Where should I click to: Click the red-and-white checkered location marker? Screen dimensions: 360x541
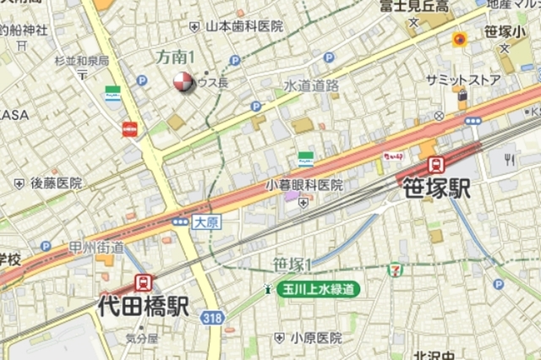tap(183, 81)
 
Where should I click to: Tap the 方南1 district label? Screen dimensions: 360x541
tap(176, 57)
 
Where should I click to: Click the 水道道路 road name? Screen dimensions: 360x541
tap(311, 85)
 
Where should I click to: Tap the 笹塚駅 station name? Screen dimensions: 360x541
tap(435, 188)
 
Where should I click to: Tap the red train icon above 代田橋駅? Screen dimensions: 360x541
tap(144, 282)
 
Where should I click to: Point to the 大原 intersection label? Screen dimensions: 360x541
tap(205, 222)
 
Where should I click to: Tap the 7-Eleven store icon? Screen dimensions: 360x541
tap(396, 270)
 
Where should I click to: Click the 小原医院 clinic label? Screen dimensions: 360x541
tap(315, 337)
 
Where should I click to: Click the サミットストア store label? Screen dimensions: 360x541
tap(463, 80)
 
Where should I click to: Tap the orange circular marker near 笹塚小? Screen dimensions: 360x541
tap(461, 39)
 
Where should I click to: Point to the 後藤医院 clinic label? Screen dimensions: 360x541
tap(57, 183)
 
